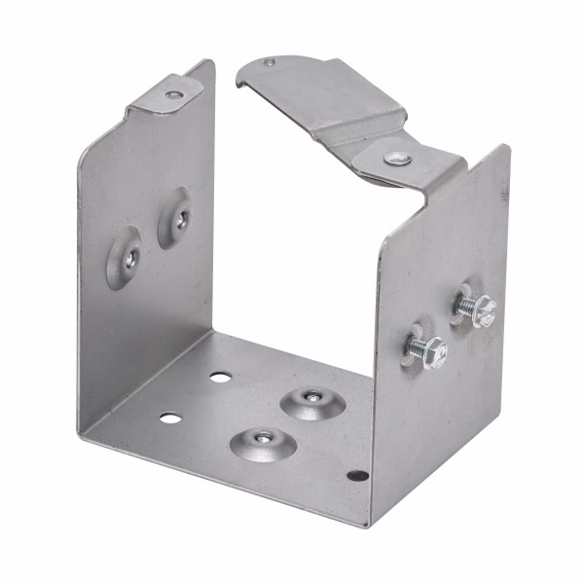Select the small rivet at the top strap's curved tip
[270, 63]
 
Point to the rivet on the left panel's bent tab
[172, 94]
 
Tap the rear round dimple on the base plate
[310, 399]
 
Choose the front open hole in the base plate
[170, 419]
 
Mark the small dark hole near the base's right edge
[358, 476]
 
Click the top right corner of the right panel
[506, 148]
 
